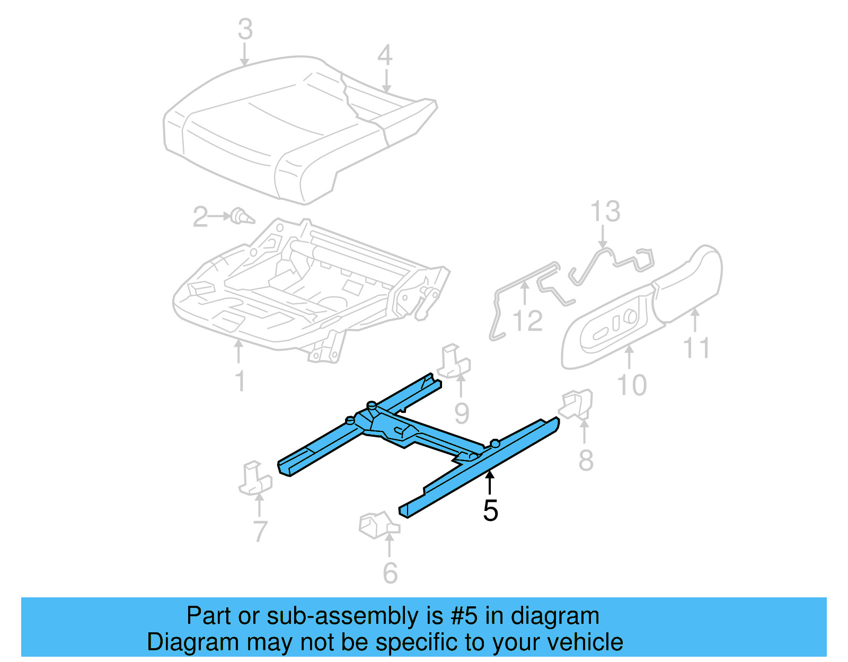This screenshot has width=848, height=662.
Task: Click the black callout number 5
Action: (x=490, y=510)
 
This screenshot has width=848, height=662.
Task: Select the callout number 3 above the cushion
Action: (x=245, y=29)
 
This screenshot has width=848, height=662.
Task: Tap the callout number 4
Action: (x=385, y=55)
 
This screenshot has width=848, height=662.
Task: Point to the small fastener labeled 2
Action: (x=242, y=217)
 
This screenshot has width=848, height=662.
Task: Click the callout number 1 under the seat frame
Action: (x=240, y=381)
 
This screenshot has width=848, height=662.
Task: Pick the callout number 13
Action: (x=605, y=211)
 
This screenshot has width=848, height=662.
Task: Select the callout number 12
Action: (x=528, y=321)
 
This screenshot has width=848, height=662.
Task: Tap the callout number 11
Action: (x=696, y=348)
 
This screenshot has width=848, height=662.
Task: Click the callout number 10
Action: (x=632, y=385)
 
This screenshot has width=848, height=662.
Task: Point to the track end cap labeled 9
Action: (x=454, y=362)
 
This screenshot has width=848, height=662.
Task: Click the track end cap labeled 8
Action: (x=577, y=405)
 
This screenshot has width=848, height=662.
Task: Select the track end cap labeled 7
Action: (x=254, y=479)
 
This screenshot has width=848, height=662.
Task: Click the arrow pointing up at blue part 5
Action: (x=490, y=483)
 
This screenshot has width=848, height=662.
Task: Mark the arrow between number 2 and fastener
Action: (x=219, y=216)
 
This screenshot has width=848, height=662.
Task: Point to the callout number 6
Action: (x=390, y=573)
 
